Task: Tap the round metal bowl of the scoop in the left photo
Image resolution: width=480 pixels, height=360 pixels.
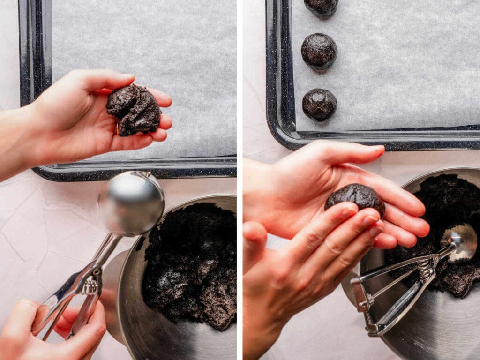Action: [x=131, y=203]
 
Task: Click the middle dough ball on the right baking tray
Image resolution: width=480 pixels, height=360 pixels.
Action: [x=319, y=51]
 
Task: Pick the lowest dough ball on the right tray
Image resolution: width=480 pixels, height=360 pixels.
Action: [x=319, y=104]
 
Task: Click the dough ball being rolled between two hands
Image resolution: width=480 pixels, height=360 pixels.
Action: [x=355, y=197]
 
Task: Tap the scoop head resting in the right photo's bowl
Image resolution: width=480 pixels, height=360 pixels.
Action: [x=459, y=241]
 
